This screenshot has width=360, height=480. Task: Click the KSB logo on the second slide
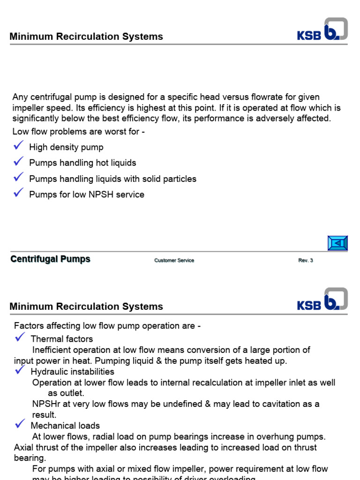click(322, 300)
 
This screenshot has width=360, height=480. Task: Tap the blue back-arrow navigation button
click(337, 243)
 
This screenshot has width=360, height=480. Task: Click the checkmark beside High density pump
click(19, 146)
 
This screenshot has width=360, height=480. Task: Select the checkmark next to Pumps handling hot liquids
click(19, 162)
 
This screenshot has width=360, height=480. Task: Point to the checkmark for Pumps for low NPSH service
click(19, 193)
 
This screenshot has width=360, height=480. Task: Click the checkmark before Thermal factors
click(20, 337)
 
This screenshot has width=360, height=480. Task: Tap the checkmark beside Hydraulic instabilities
click(20, 370)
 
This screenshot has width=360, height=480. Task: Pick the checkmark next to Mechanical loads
click(20, 424)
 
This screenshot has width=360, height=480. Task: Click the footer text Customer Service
click(174, 261)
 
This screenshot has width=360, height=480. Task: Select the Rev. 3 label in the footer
click(306, 261)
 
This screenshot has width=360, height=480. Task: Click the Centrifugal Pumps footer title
click(50, 259)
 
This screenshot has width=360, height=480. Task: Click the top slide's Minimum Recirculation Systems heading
click(86, 37)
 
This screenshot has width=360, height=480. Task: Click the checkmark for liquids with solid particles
click(19, 177)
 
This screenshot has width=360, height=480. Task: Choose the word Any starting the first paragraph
click(20, 97)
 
